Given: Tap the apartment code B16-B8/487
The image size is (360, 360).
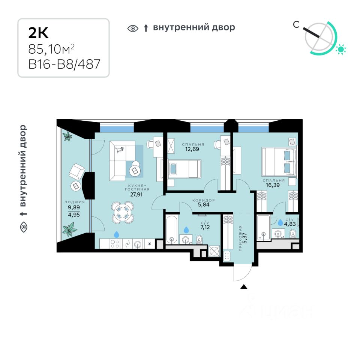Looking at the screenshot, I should [x=64, y=64].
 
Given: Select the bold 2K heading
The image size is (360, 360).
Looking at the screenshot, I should [x=39, y=33].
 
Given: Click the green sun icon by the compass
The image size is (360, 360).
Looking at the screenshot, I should [x=341, y=49].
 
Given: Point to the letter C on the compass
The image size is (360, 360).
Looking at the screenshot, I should [x=296, y=25].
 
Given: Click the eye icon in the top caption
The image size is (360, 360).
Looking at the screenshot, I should [x=133, y=28].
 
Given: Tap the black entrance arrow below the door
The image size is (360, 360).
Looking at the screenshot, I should [x=244, y=287].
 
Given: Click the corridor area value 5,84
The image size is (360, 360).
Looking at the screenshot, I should [x=204, y=205].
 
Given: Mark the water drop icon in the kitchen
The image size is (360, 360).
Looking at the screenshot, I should [x=117, y=234].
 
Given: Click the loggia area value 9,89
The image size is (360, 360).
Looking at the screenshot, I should [x=73, y=207].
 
